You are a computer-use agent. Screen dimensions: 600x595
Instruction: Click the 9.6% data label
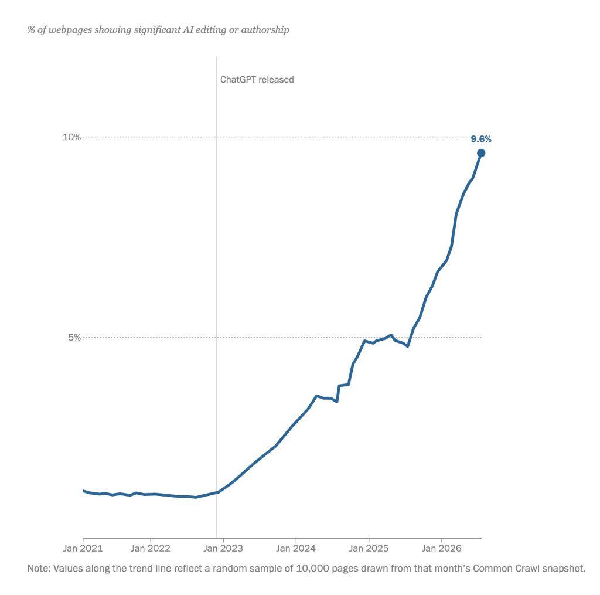(x=481, y=139)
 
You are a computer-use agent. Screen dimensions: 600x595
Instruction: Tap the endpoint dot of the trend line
(x=481, y=153)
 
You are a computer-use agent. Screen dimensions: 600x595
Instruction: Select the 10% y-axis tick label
(x=72, y=137)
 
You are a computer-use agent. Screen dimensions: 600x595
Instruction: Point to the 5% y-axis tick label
(x=74, y=338)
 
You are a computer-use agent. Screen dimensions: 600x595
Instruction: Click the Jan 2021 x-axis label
(x=83, y=548)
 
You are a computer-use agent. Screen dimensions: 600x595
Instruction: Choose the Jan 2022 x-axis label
(x=151, y=548)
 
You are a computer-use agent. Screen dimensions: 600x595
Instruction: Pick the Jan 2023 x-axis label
(x=223, y=548)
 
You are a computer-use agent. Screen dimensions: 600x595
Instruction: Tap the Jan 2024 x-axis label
(x=296, y=548)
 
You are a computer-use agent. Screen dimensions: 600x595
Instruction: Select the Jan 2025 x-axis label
(x=369, y=548)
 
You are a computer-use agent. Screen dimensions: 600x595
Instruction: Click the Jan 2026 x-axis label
(x=442, y=548)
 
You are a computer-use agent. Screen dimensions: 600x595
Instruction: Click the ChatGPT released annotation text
(x=257, y=80)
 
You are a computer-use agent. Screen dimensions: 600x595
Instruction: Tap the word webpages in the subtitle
(x=70, y=30)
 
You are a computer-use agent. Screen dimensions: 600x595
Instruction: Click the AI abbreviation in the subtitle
(x=188, y=30)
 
